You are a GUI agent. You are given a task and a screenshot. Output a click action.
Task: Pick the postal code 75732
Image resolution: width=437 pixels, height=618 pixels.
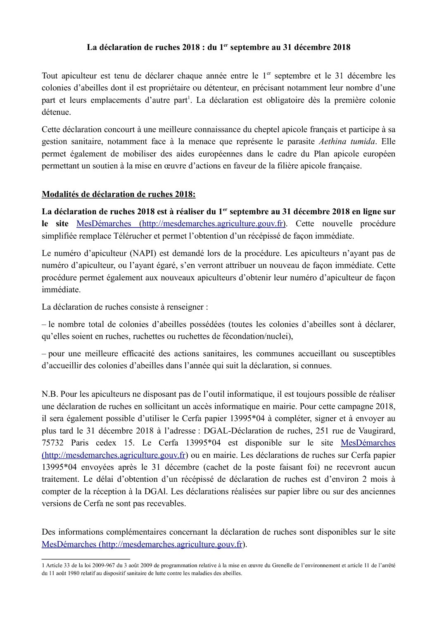(53, 443)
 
